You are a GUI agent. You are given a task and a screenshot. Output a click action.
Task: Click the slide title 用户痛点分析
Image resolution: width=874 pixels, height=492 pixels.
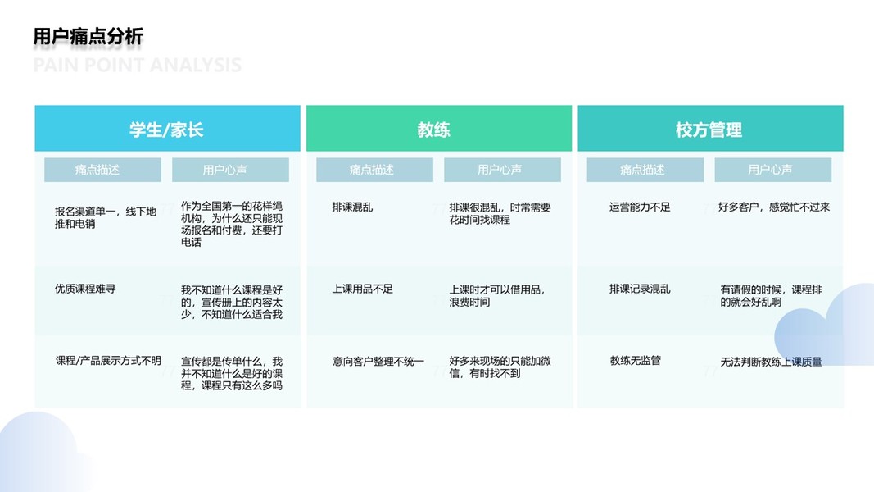[x=88, y=36]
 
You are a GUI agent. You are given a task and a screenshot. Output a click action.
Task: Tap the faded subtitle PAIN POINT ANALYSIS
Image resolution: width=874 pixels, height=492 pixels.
[x=138, y=65]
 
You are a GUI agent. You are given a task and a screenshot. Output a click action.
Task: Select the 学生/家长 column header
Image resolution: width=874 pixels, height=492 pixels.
[x=166, y=130]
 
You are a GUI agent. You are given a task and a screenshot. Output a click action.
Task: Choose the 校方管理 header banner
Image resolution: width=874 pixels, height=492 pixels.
[x=709, y=130]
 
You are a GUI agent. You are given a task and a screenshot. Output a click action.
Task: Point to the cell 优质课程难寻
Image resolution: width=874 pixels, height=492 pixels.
[x=85, y=289]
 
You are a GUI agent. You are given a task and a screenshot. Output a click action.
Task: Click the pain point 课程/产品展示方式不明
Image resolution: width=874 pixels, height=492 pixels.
[x=108, y=361]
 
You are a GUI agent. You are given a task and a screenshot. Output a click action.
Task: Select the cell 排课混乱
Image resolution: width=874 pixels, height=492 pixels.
[x=352, y=207]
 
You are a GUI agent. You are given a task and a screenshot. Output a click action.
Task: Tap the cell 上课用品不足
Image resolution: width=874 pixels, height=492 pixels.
[x=363, y=289]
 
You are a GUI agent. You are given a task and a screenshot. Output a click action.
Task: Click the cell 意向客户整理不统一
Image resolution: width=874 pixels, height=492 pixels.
[x=378, y=361]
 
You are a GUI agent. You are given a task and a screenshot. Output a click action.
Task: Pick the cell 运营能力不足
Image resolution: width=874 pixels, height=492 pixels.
[x=640, y=207]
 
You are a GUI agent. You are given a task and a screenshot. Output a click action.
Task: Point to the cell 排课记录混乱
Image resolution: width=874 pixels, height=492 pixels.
[x=640, y=289]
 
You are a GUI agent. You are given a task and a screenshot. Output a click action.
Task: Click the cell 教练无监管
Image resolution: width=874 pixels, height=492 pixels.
[x=636, y=361]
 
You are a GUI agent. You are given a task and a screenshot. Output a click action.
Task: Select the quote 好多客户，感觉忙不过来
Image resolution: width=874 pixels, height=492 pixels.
[x=774, y=207]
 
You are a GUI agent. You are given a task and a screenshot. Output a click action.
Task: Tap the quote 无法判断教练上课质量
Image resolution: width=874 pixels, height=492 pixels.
[x=771, y=362]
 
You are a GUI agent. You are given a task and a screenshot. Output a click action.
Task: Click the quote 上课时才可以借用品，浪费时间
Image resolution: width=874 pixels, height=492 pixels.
[x=497, y=295]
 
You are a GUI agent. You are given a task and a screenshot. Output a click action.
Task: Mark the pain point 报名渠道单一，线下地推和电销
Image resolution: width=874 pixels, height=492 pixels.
[x=105, y=217]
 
